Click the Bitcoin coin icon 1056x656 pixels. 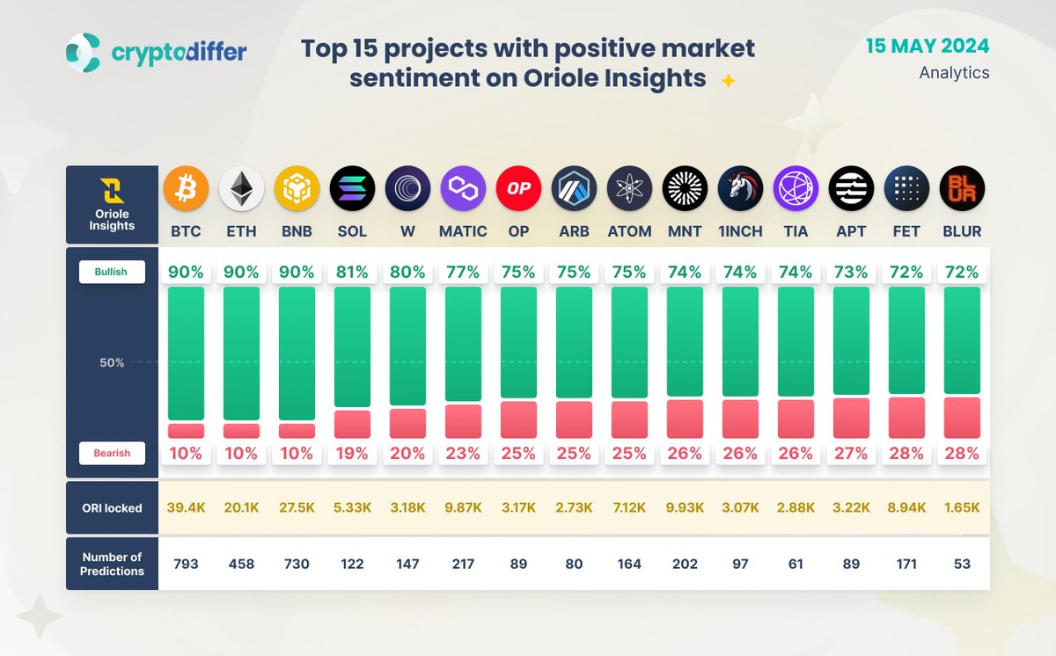pyautogui.click(x=186, y=188)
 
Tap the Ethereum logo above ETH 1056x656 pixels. pyautogui.click(x=241, y=188)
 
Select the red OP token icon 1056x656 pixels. pyautogui.click(x=518, y=188)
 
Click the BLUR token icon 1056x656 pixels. pyautogui.click(x=962, y=188)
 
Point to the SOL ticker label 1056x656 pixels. pyautogui.click(x=352, y=232)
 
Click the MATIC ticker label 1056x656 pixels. pyautogui.click(x=463, y=232)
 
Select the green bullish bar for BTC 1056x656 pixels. pyautogui.click(x=186, y=353)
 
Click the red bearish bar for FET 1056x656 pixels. pyautogui.click(x=906, y=418)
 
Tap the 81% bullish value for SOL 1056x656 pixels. pyautogui.click(x=352, y=272)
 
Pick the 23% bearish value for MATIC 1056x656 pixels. pyautogui.click(x=463, y=454)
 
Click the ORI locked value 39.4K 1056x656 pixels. pyautogui.click(x=186, y=507)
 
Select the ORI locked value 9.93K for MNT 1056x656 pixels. pyautogui.click(x=685, y=507)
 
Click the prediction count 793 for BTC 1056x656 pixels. pyautogui.click(x=186, y=564)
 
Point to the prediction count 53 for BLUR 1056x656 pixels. pyautogui.click(x=962, y=564)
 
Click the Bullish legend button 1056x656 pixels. pyautogui.click(x=112, y=272)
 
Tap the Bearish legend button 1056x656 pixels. pyautogui.click(x=112, y=453)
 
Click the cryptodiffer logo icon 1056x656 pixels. pyautogui.click(x=84, y=52)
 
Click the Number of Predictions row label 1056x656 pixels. pyautogui.click(x=112, y=564)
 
